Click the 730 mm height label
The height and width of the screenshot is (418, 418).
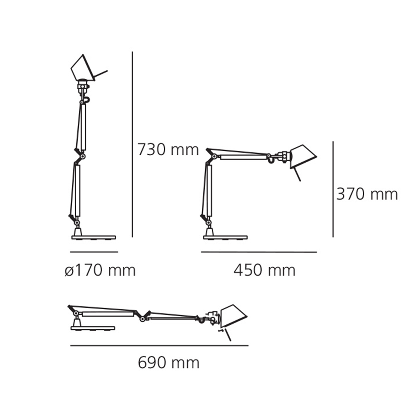pos(168,150)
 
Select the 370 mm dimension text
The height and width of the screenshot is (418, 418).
pos(367,194)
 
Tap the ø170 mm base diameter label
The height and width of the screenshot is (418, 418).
pos(100,270)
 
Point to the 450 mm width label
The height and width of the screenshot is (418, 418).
pos(264,270)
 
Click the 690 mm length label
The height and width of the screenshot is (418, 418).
pos(169,363)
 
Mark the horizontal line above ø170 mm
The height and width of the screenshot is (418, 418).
pos(94,251)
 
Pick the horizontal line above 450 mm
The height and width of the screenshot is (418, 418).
pos(259,252)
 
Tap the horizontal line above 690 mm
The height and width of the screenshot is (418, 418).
pos(159,346)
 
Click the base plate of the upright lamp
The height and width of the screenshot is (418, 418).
pos(93,238)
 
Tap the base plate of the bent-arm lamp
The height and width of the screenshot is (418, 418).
pos(225,238)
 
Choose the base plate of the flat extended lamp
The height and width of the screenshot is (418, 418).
pos(93,328)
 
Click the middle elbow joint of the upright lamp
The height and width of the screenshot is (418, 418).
pos(83,157)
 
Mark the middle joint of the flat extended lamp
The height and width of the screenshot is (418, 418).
pos(142,318)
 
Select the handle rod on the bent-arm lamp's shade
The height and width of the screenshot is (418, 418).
pos(296,174)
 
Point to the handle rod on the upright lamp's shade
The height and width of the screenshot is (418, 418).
pos(101,73)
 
